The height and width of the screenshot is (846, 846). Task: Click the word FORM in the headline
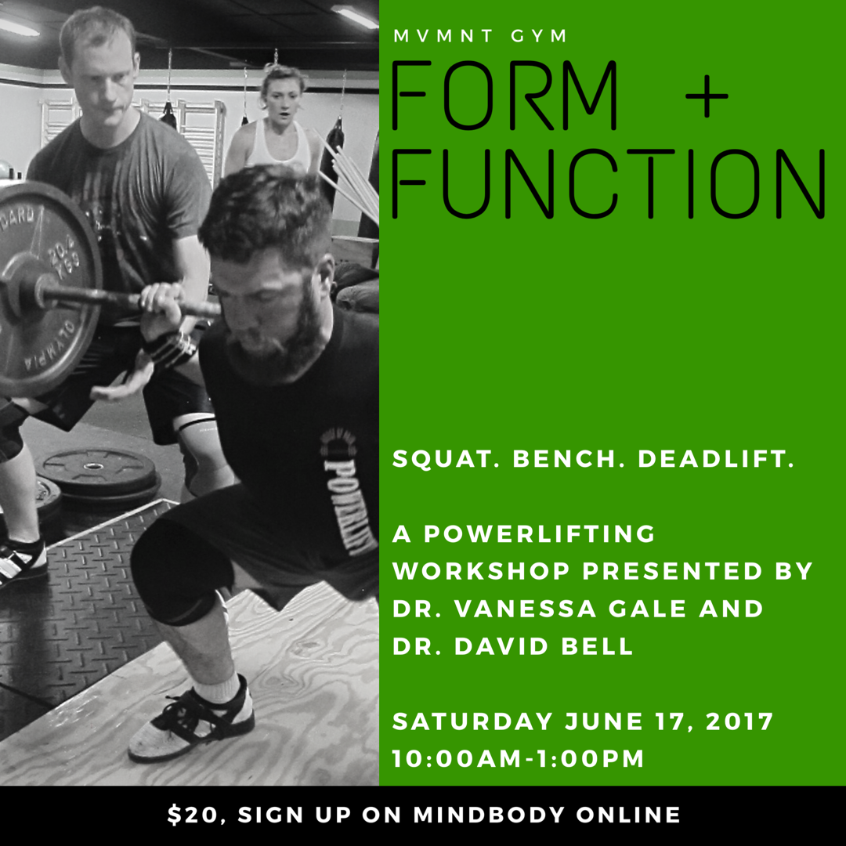pos(504,96)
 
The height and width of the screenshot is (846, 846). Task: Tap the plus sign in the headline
pos(707,96)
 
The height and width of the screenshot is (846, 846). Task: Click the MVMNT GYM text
pos(479,36)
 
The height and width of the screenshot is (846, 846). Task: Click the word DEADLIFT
pos(716,458)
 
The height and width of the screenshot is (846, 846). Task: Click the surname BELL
pos(597,646)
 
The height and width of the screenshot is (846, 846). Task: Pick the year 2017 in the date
pos(739,721)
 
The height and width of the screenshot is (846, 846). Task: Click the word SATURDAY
pos(472,721)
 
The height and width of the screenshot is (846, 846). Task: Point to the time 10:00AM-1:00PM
pos(518,758)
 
